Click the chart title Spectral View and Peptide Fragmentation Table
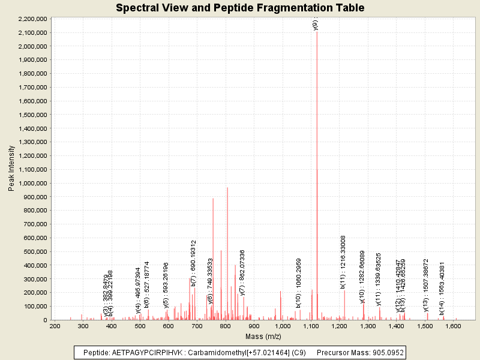pyautogui.click(x=240, y=8)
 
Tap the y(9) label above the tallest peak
pyautogui.click(x=316, y=25)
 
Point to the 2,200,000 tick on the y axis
pyautogui.click(x=30, y=19)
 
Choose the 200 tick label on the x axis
pyautogui.click(x=55, y=326)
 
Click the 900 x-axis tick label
pyautogui.click(x=254, y=326)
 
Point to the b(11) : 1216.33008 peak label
pyautogui.click(x=343, y=262)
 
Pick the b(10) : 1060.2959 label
pyautogui.click(x=298, y=283)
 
